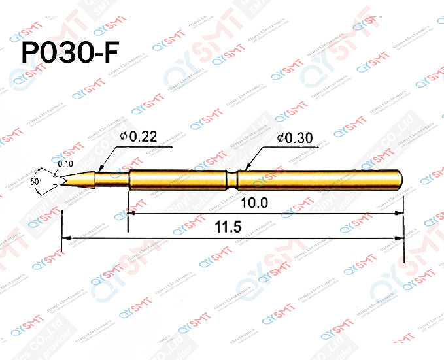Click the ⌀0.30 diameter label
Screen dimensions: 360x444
point(295,137)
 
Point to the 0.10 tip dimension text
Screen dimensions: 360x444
point(65,163)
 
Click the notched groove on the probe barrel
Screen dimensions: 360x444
point(233,179)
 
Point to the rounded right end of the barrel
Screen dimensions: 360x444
point(400,179)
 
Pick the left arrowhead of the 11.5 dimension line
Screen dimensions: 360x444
point(65,238)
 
